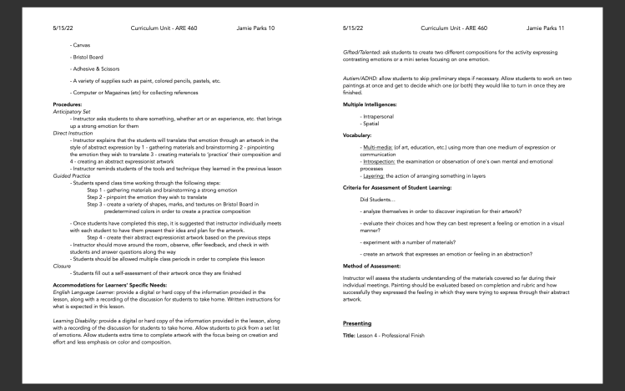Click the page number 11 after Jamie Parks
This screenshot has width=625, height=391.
point(561,28)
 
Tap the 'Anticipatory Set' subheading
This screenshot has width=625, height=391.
point(72,111)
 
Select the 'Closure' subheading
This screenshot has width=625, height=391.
point(61,265)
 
